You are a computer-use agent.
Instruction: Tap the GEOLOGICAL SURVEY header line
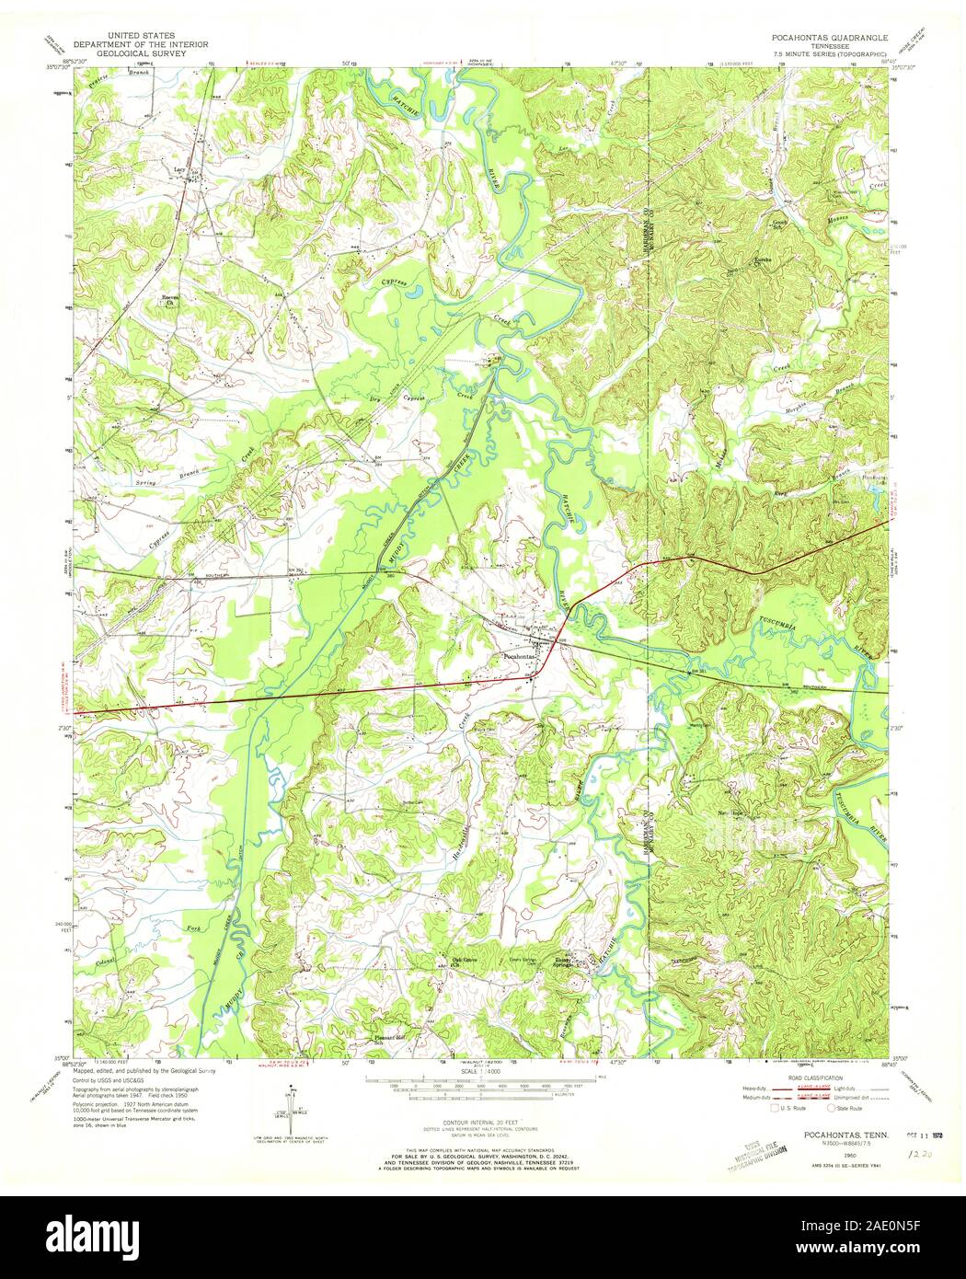[x=143, y=53]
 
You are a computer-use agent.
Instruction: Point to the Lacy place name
[x=178, y=169]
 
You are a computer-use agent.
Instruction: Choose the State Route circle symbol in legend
[x=831, y=1109]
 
